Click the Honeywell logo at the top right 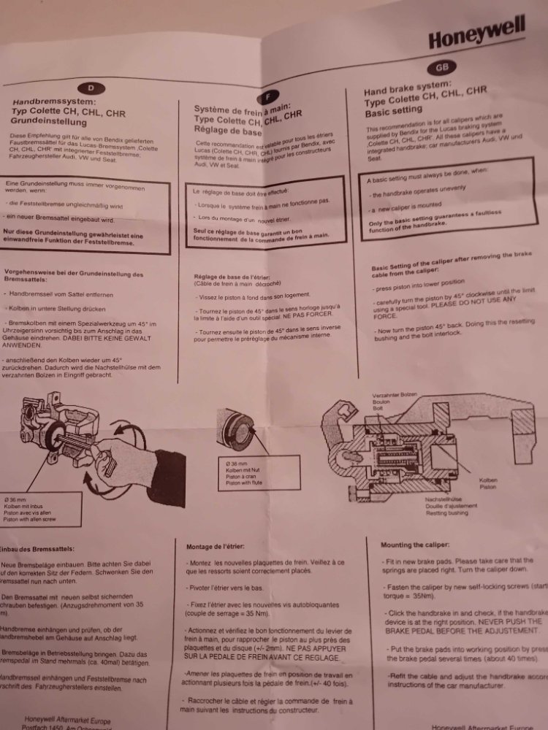(476, 34)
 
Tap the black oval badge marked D (91, 88)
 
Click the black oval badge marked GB (441, 67)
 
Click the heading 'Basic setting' (393, 114)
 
